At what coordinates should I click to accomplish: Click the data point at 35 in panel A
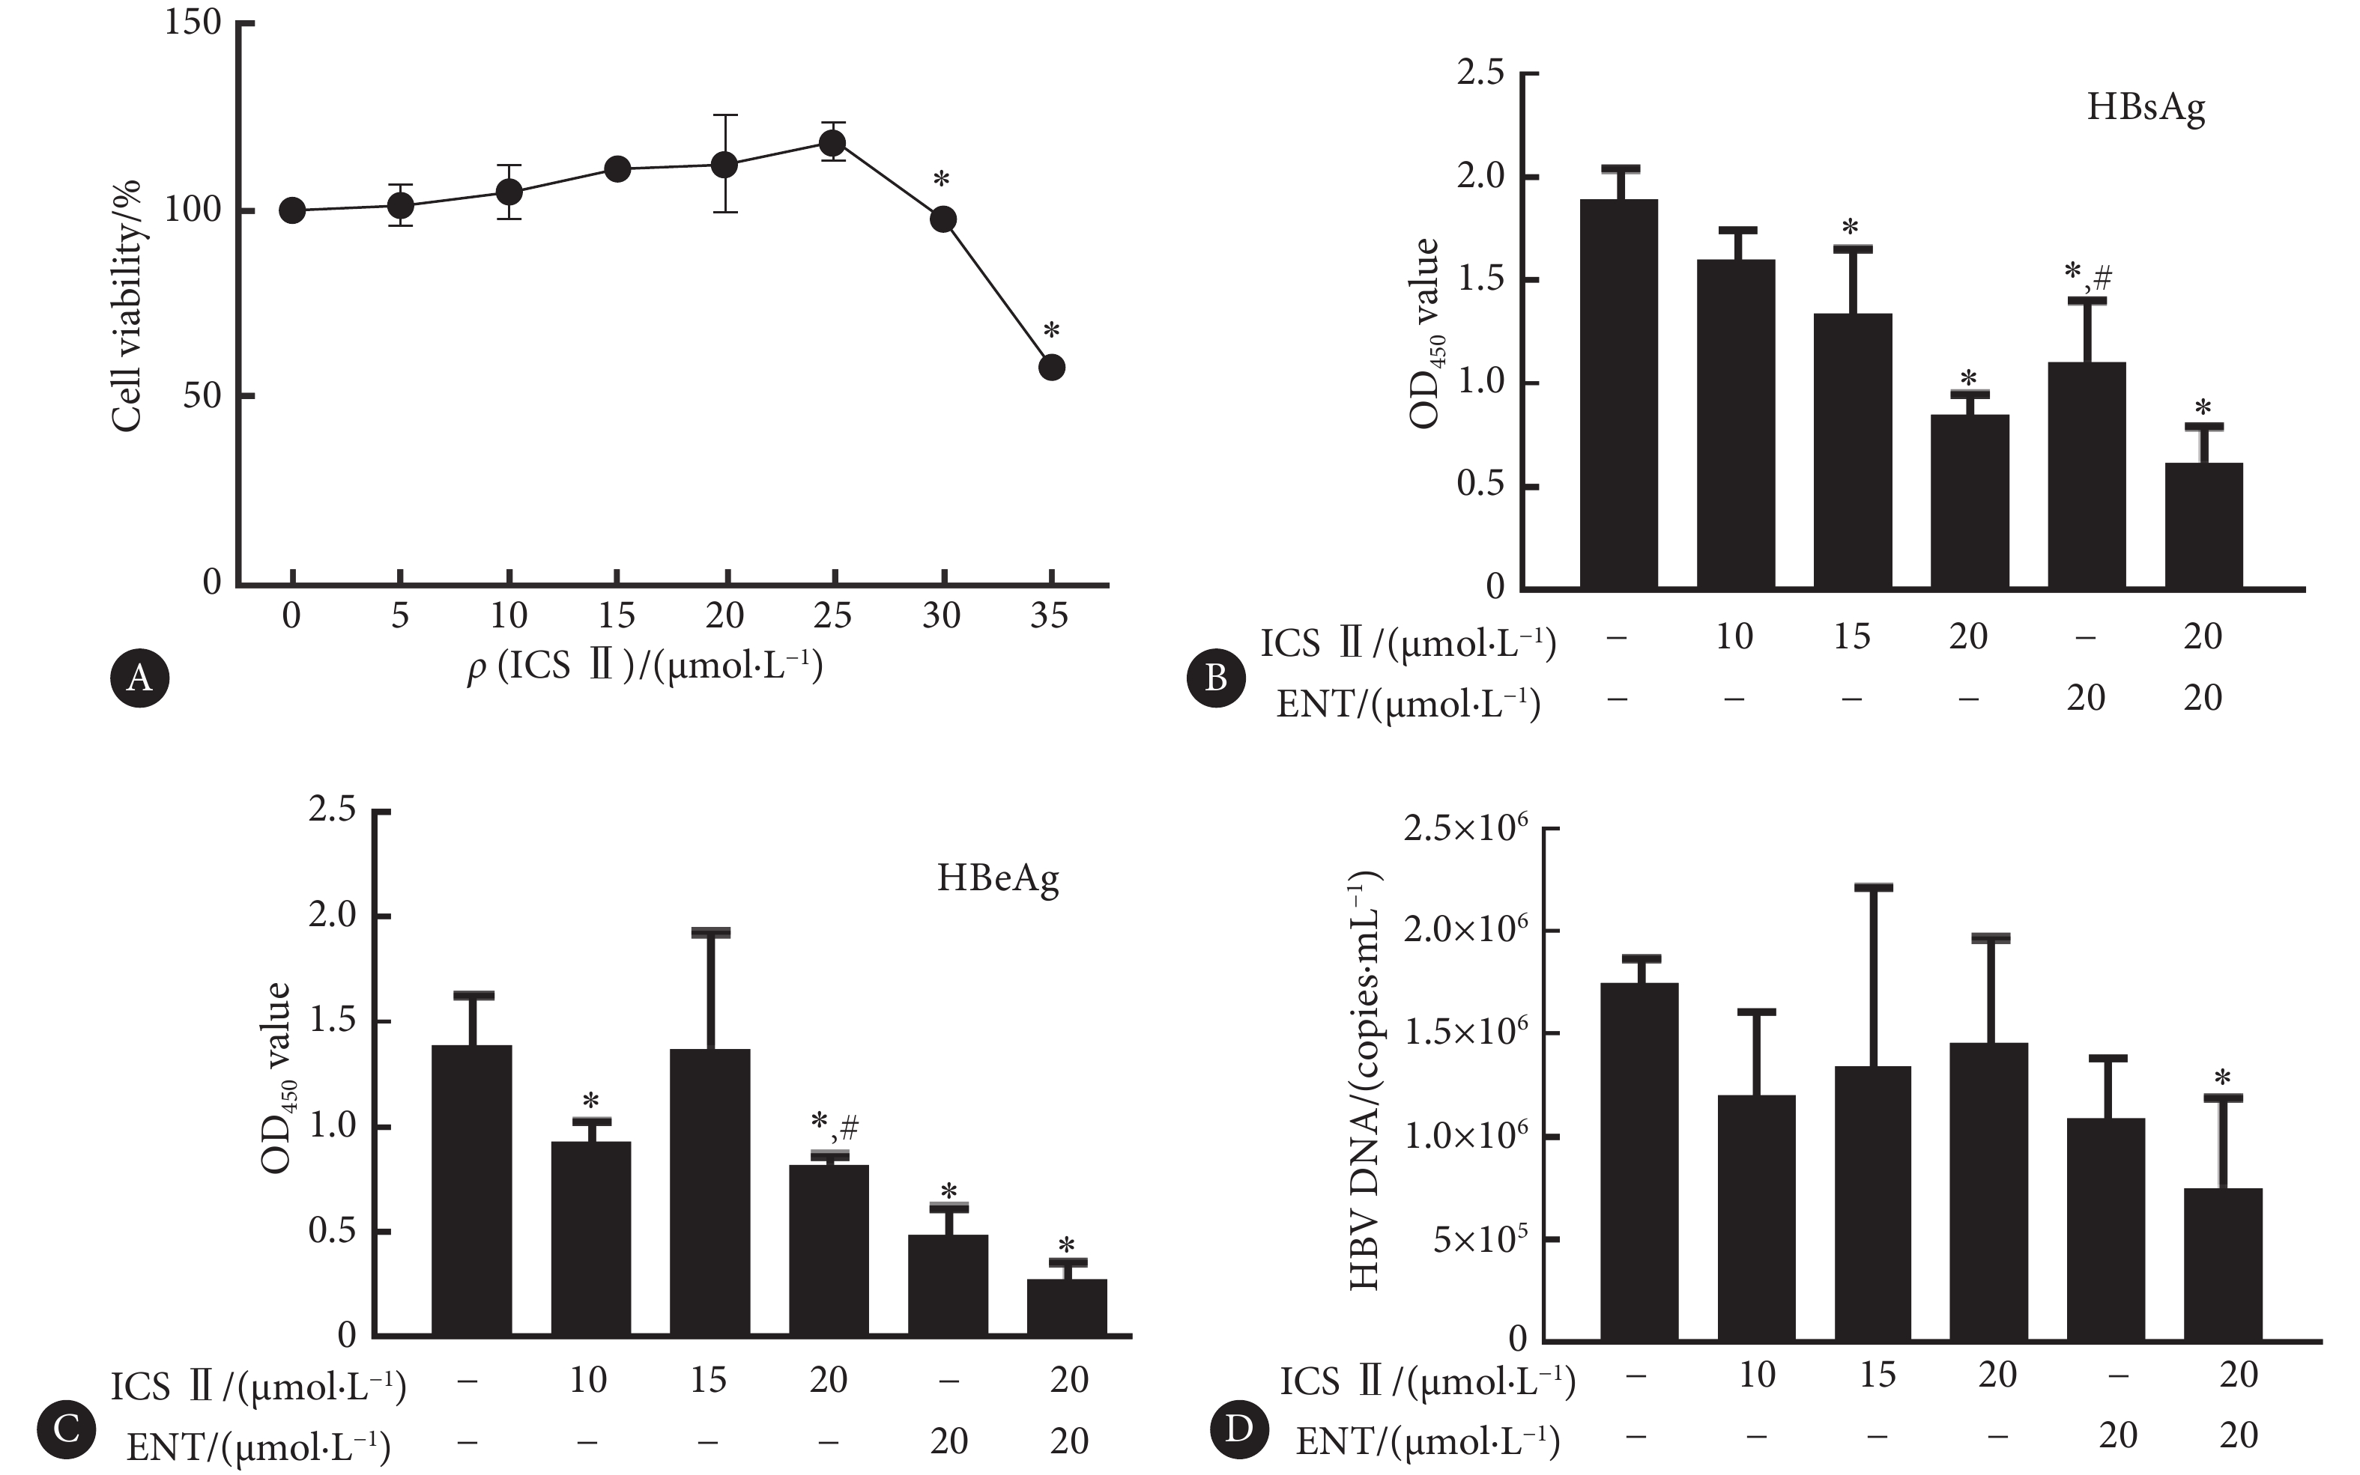tap(1051, 368)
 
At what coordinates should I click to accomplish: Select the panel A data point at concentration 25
tap(832, 144)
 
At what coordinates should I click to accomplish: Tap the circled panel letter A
tap(139, 677)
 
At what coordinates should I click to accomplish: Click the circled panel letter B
tap(1215, 677)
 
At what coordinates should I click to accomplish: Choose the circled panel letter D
tap(1238, 1429)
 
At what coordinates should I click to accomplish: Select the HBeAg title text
tap(997, 878)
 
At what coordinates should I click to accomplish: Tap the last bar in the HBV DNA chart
tap(2222, 1263)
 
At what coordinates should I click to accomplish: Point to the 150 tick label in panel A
tap(193, 23)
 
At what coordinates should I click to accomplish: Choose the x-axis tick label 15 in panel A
tap(616, 615)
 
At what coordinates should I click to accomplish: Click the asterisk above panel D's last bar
tap(2222, 1079)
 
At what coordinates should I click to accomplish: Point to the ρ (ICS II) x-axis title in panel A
tap(645, 667)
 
